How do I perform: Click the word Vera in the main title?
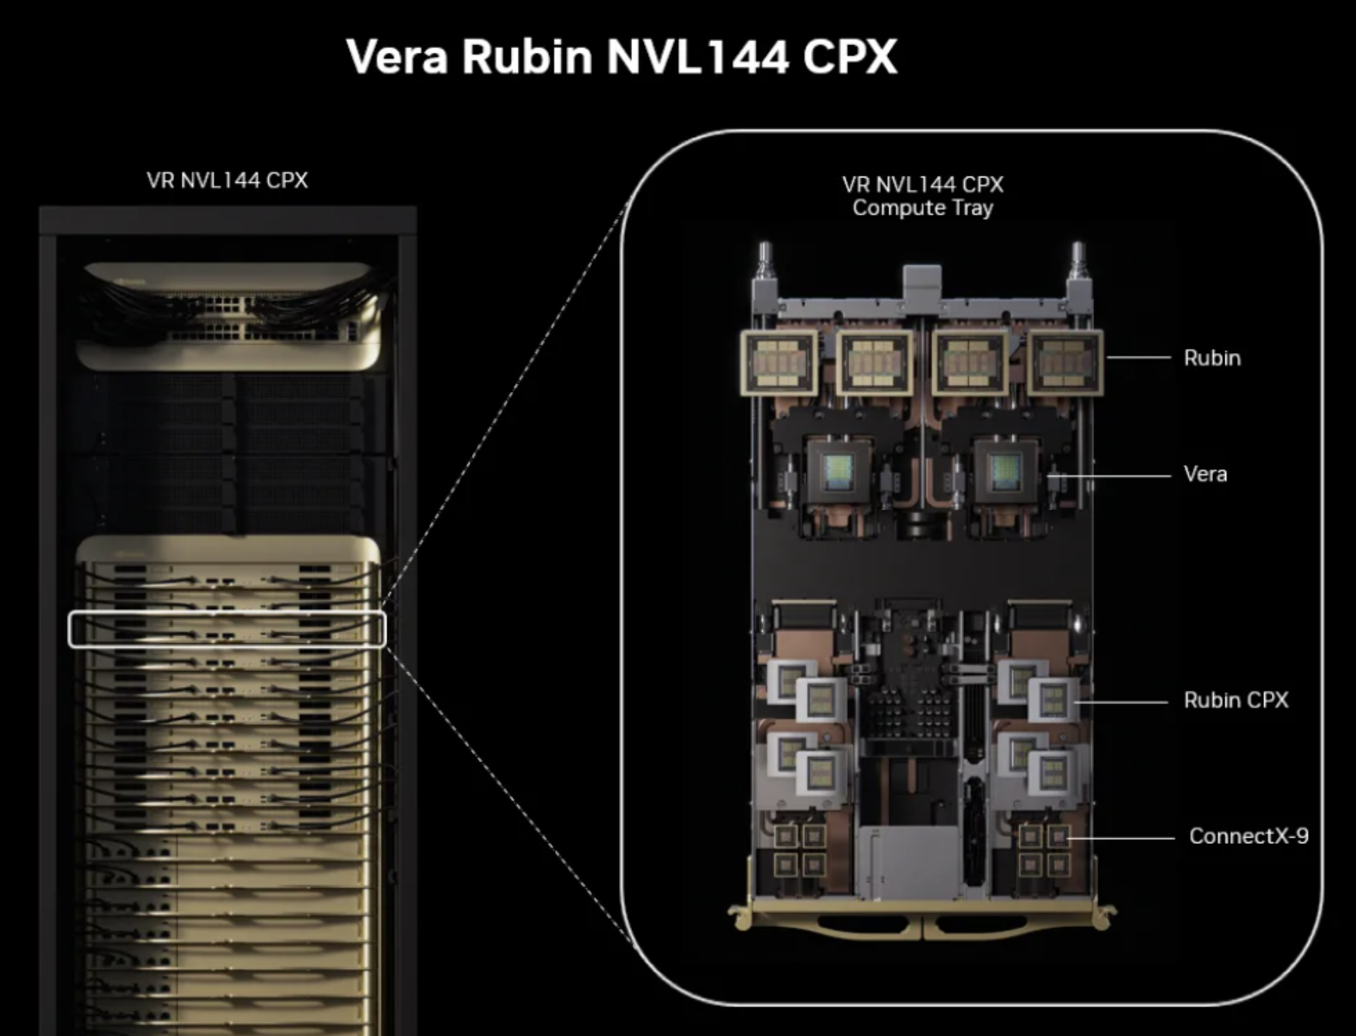pos(397,56)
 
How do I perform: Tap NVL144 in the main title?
pos(697,56)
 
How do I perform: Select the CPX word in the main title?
pos(850,56)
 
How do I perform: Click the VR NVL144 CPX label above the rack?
pos(227,180)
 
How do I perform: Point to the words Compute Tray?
pos(923,208)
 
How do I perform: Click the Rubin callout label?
pos(1212,358)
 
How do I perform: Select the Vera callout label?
pos(1205,474)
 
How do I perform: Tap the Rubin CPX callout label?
pos(1235,700)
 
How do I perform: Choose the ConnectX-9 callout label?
pos(1249,836)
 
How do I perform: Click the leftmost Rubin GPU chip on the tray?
pos(779,362)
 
